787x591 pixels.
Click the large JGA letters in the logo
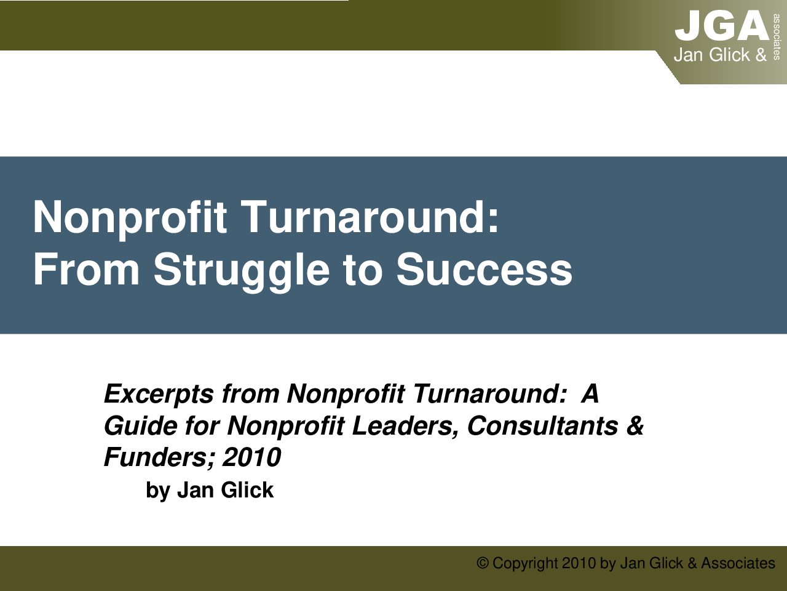[722, 25]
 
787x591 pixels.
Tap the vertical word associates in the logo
[777, 37]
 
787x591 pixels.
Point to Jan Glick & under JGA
[720, 55]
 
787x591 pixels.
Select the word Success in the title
[484, 270]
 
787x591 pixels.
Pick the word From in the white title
[87, 270]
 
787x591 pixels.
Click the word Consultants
[543, 426]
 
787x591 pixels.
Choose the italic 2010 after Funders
[251, 457]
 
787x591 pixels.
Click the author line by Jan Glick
[210, 490]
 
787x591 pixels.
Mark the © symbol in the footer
[483, 563]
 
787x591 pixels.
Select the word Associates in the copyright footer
[738, 563]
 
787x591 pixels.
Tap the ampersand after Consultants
[635, 426]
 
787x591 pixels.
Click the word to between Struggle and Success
[362, 270]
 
